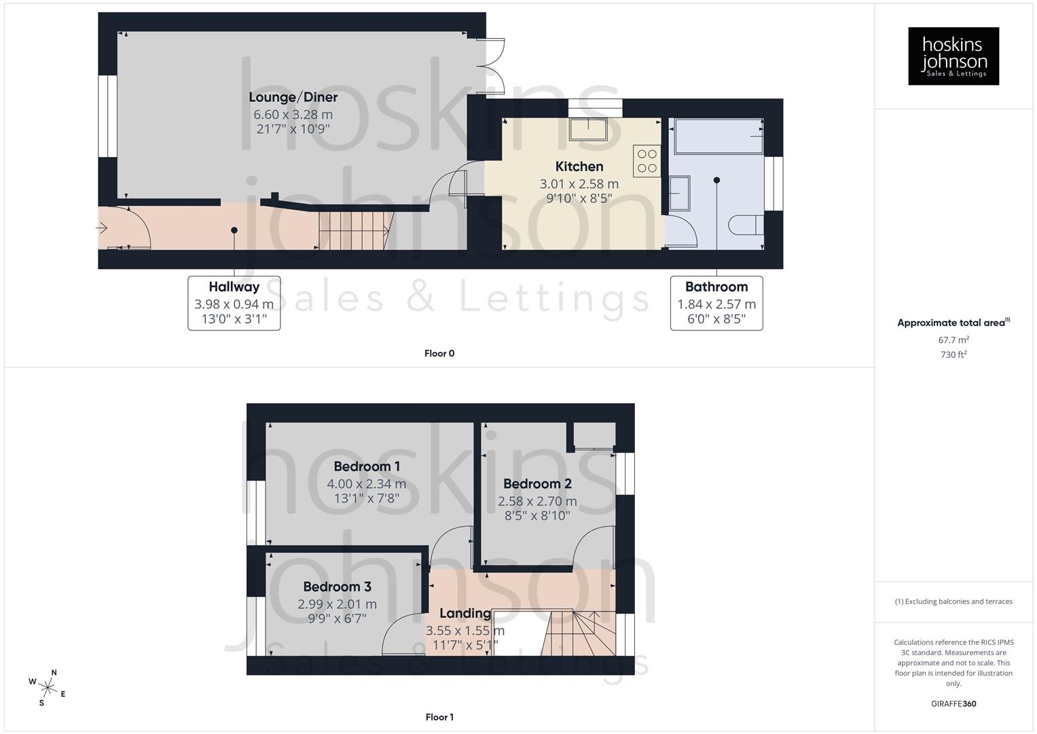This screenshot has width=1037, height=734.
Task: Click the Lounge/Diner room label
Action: click(293, 97)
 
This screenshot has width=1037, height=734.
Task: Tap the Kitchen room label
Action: click(579, 167)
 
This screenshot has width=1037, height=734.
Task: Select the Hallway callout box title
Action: click(234, 287)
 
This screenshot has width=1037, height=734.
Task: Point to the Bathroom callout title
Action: click(716, 287)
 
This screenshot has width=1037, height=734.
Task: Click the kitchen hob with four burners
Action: click(647, 161)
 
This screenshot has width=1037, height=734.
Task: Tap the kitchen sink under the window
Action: click(588, 129)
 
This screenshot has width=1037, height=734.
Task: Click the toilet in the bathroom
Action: click(746, 225)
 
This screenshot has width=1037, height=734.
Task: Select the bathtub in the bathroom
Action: click(716, 135)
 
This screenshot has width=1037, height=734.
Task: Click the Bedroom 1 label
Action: click(367, 466)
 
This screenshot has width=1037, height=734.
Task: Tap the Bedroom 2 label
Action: click(537, 484)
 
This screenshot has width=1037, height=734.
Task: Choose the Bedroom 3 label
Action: click(337, 587)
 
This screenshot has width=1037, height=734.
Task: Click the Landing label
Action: click(465, 613)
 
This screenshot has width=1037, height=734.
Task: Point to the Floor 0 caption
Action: click(439, 353)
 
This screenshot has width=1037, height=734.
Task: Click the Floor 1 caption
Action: click(439, 717)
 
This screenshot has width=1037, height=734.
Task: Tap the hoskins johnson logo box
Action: click(953, 56)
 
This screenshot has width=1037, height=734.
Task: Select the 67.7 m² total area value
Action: click(953, 340)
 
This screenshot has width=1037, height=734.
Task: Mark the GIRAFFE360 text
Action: click(953, 704)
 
